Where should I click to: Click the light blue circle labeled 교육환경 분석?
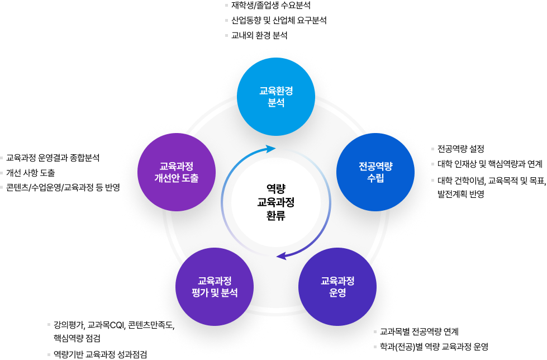(x=276, y=97)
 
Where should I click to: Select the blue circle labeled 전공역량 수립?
(x=375, y=172)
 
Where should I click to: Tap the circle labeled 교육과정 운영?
(x=337, y=286)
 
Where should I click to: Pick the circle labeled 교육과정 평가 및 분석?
(x=215, y=286)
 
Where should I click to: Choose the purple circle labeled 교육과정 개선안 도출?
(x=176, y=172)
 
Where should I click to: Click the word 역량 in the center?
(x=276, y=188)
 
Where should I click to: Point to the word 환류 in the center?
(x=276, y=215)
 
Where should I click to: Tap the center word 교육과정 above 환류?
(x=276, y=202)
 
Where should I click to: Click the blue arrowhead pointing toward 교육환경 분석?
(x=271, y=149)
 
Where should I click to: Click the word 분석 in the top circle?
(x=276, y=103)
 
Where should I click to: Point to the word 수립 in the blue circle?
(x=375, y=179)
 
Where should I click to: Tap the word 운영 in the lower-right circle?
(x=337, y=293)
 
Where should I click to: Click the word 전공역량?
(x=375, y=166)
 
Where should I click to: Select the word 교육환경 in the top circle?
(x=276, y=91)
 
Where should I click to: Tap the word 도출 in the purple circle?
(x=190, y=179)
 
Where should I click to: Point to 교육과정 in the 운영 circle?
(x=337, y=280)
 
